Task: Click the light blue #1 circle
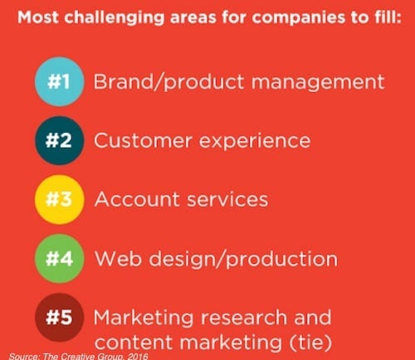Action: pos(59,82)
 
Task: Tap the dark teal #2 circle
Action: pos(59,140)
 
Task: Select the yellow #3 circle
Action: pos(59,199)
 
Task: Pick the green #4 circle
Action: pos(59,258)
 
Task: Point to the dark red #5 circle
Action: pos(59,317)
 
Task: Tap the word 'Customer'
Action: pos(143,140)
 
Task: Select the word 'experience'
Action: pos(255,143)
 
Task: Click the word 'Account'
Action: pos(137,199)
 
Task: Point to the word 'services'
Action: pos(227,199)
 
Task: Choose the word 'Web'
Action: pos(118,258)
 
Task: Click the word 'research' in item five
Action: pos(244,317)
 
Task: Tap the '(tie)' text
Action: pos(310,343)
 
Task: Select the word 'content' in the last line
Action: pos(134,343)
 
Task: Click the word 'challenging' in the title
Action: pos(115,18)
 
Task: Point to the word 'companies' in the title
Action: pos(299,18)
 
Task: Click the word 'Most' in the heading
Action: pos(38,17)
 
